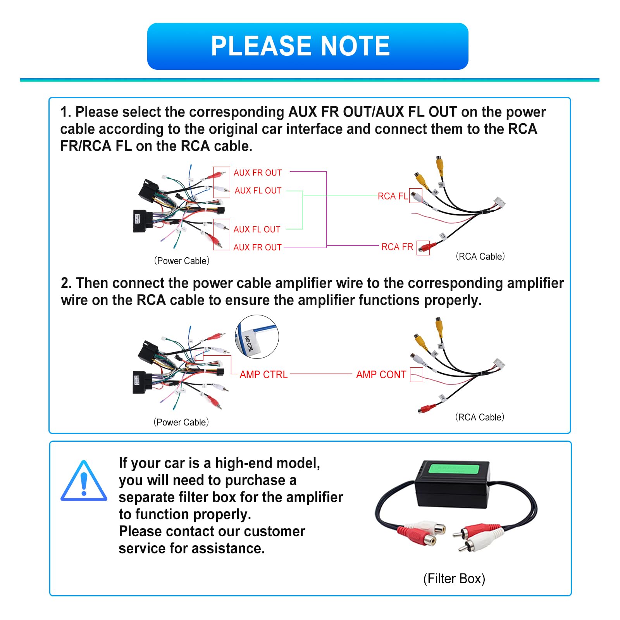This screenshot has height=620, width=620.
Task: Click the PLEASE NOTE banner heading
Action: click(x=300, y=46)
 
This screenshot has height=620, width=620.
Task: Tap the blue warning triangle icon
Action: click(x=84, y=482)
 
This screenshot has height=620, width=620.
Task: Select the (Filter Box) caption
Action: click(x=454, y=579)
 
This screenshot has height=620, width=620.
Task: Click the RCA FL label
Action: click(x=393, y=196)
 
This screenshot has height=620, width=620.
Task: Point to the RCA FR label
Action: click(x=397, y=247)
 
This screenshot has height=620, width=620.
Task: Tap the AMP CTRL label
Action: click(x=263, y=375)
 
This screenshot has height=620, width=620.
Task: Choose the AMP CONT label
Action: click(x=381, y=375)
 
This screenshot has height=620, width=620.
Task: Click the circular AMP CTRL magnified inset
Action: click(x=257, y=337)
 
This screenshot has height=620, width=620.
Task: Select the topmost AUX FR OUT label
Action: click(x=257, y=173)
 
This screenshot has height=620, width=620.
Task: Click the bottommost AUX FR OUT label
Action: click(x=257, y=247)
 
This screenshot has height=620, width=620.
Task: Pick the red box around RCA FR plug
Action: click(x=423, y=248)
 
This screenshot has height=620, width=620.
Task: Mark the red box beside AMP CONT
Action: click(x=416, y=375)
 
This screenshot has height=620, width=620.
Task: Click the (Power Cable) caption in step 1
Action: click(x=182, y=261)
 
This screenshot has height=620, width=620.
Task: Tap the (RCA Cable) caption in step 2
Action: click(x=480, y=417)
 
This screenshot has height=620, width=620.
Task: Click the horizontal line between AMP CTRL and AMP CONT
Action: click(x=321, y=374)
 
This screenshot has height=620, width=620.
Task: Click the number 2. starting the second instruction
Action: click(x=66, y=283)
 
